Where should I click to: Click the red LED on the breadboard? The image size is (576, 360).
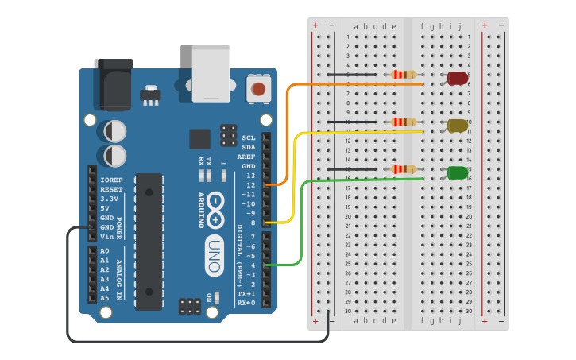[x=458, y=78]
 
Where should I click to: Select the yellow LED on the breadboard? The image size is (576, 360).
[x=458, y=126]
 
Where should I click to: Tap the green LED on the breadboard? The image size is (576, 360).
[x=458, y=172]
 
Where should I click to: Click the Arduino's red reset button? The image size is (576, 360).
[x=258, y=88]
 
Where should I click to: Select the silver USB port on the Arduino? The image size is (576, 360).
[x=211, y=73]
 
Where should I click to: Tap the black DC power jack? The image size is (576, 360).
[x=113, y=83]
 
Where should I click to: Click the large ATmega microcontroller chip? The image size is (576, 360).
[x=149, y=241]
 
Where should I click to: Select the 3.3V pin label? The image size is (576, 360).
[x=110, y=199]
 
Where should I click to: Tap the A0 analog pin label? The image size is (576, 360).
[x=104, y=251]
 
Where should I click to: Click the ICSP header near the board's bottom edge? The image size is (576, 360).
[x=189, y=306]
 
